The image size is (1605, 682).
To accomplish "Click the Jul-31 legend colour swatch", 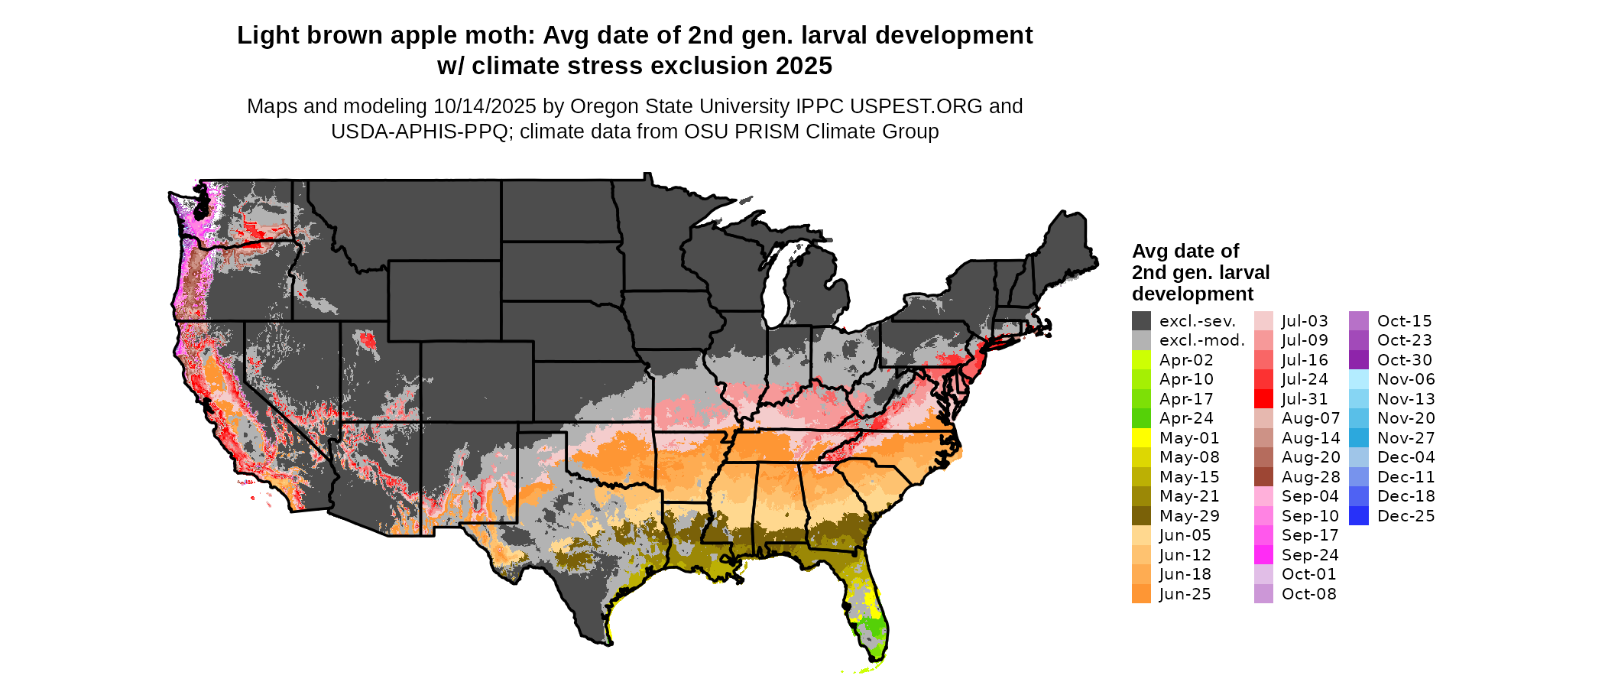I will [1263, 399].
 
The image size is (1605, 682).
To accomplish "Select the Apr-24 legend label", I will [1185, 418].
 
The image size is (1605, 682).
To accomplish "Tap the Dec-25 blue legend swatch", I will [1358, 516].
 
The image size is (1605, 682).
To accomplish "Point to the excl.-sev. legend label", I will [1197, 321].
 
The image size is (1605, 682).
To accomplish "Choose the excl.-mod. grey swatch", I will [1141, 340].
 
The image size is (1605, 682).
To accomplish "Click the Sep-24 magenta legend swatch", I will [1263, 555].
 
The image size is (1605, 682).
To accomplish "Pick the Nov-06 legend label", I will [1406, 379].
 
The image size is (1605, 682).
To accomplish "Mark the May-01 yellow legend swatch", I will [1141, 438].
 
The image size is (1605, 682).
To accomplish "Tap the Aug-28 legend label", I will [1310, 477].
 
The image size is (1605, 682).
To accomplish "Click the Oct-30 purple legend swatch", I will [1358, 360].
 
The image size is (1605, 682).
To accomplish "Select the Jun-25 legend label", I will [1185, 594].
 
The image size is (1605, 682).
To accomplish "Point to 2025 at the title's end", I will [803, 67].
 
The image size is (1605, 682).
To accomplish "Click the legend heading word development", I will [1192, 294].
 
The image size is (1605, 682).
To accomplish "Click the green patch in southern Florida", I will [869, 631].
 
